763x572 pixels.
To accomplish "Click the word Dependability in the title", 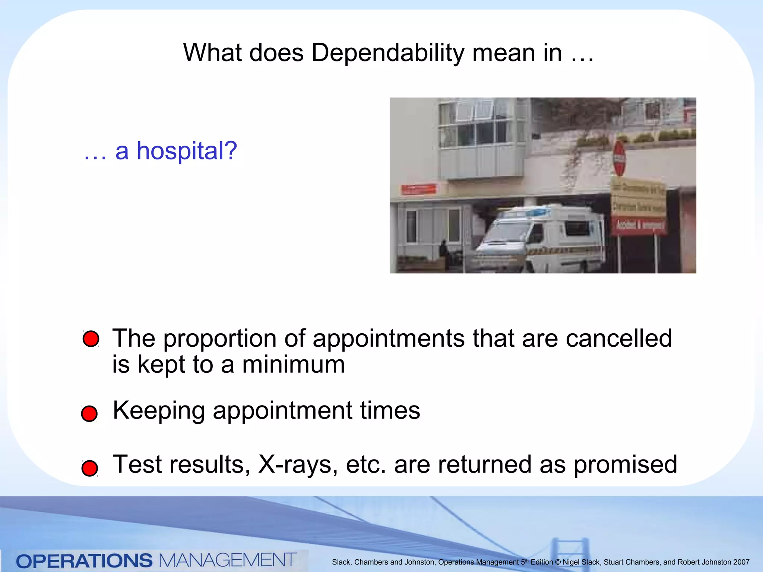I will tap(387, 53).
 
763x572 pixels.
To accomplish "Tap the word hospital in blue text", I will tap(187, 151).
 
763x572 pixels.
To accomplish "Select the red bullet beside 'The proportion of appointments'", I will tap(91, 339).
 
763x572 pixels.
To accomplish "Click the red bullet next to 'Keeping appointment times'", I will tap(89, 414).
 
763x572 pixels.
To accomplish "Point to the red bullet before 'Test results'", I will tap(90, 468).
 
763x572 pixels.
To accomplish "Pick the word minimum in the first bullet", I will tap(293, 365).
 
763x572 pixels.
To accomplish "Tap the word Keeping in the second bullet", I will tap(159, 411).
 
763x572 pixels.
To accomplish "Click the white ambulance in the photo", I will tap(540, 238).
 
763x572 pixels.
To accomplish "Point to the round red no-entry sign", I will tap(619, 158).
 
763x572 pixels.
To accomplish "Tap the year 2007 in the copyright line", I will tap(741, 562).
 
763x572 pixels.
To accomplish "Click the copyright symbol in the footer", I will tap(558, 562).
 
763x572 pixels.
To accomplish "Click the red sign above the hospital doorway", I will tap(419, 189).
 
